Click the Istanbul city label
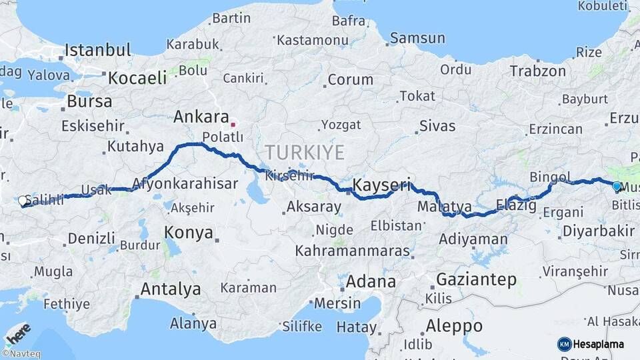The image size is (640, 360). tap(98, 50)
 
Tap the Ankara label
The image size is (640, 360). tap(201, 117)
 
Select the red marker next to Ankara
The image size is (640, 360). tap(233, 124)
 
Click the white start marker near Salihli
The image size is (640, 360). tap(23, 201)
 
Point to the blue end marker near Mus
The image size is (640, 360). tap(617, 187)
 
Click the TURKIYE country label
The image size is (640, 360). tap(305, 153)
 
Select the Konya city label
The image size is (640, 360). tap(189, 233)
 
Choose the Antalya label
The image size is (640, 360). tap(170, 289)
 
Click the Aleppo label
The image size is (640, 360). tap(454, 326)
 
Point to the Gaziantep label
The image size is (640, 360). tap(476, 279)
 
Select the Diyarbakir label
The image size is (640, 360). tap(598, 231)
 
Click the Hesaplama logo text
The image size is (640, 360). tap(599, 344)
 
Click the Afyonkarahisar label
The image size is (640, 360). tap(185, 183)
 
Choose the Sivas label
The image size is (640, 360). tap(437, 126)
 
